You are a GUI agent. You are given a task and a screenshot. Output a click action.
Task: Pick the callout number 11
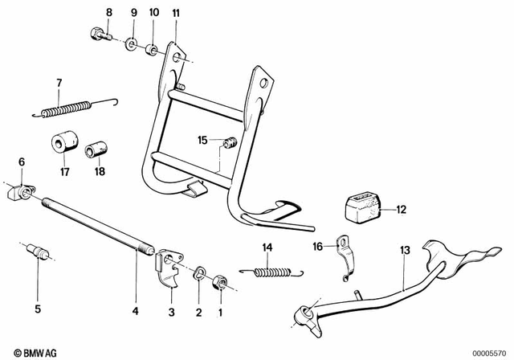(x=176, y=13)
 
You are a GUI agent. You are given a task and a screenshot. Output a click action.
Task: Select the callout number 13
(x=404, y=252)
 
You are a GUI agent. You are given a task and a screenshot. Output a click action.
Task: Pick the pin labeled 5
(x=38, y=254)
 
